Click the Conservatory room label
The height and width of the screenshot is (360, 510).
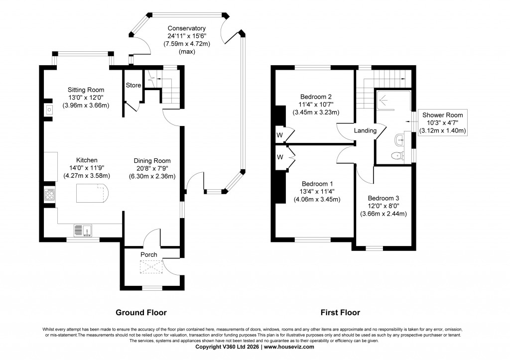(x=186, y=28)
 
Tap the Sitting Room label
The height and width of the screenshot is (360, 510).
(x=86, y=90)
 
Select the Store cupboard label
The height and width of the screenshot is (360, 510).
(x=133, y=85)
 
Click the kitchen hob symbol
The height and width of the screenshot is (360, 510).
(x=50, y=195)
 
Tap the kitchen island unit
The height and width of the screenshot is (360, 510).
(x=91, y=192)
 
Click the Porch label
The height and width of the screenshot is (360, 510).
(x=148, y=254)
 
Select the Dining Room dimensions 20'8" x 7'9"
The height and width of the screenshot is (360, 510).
(x=152, y=168)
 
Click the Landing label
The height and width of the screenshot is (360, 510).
(x=365, y=130)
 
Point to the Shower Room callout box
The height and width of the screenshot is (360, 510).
(x=442, y=122)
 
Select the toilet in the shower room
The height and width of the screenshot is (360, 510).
(x=397, y=155)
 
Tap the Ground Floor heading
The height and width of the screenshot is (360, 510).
(x=141, y=313)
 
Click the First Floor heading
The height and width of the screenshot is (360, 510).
(x=341, y=313)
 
